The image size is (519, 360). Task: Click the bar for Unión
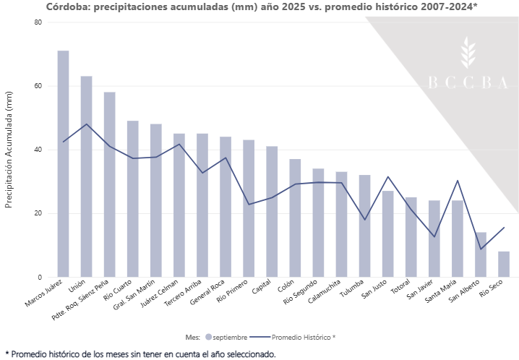(87, 176)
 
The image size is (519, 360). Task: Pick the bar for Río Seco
(504, 264)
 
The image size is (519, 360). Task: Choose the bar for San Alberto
(481, 254)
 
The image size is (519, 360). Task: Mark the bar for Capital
(272, 211)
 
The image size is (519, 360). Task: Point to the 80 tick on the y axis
(38, 22)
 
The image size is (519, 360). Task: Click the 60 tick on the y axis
(38, 86)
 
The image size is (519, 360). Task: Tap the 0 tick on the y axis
(40, 277)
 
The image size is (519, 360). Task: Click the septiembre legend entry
(227, 337)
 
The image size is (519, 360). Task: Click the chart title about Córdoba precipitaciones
(261, 7)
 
